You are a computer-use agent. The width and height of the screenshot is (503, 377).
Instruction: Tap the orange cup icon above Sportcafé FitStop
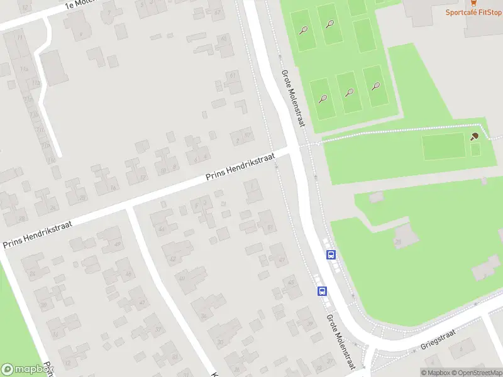(x=473, y=3)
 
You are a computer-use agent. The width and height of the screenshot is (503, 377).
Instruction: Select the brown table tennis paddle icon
(x=475, y=136)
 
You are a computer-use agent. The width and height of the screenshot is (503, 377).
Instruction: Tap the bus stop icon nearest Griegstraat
(x=322, y=292)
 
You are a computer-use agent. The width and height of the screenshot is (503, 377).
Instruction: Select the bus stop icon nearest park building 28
(x=331, y=255)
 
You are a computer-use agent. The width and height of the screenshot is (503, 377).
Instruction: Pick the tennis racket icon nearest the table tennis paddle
(x=376, y=86)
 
